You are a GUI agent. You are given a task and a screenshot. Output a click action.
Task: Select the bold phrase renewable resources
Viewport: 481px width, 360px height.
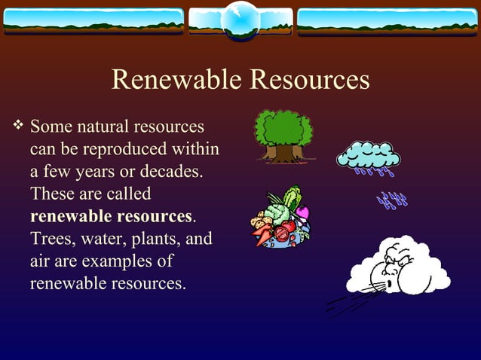tap(112, 217)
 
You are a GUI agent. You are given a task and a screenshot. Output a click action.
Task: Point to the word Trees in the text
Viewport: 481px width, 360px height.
tap(51, 239)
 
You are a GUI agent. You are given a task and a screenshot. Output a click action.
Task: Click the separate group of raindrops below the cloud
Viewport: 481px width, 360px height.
tap(392, 200)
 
